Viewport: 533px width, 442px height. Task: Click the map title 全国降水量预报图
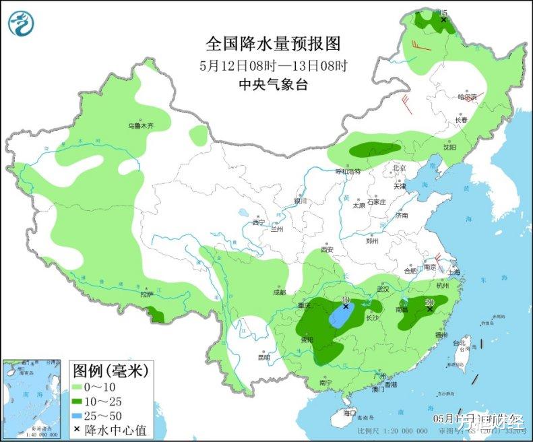[x=273, y=44]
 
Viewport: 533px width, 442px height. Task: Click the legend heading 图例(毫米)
[x=112, y=370]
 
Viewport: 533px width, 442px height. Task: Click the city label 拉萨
[x=146, y=294]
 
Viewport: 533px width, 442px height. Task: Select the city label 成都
[x=280, y=292]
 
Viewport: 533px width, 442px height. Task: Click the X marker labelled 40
[x=346, y=306]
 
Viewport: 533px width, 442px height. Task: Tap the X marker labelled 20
[x=429, y=308]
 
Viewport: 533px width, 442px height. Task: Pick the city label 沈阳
[x=449, y=147]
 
